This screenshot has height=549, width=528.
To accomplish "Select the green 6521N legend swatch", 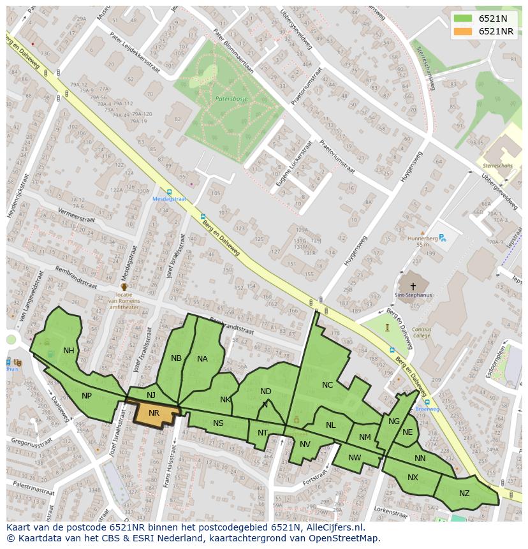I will [463, 18].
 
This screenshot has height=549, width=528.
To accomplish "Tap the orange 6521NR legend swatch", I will [463, 31].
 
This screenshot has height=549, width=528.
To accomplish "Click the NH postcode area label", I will [69, 351].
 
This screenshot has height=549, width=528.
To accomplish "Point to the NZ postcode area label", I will [464, 494].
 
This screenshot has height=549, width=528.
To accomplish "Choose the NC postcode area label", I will [327, 385].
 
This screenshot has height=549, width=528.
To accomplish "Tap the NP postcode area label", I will [87, 396].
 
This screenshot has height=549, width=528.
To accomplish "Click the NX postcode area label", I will [413, 478].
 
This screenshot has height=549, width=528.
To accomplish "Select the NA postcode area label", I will [202, 359].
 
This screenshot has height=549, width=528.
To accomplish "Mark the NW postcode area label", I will [355, 458].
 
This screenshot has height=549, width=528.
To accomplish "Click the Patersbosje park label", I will [231, 99].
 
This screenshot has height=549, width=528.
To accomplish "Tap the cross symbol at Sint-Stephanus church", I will [413, 287].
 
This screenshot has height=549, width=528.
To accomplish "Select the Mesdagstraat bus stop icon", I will [169, 191].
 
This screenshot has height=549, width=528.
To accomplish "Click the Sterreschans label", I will [497, 165].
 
